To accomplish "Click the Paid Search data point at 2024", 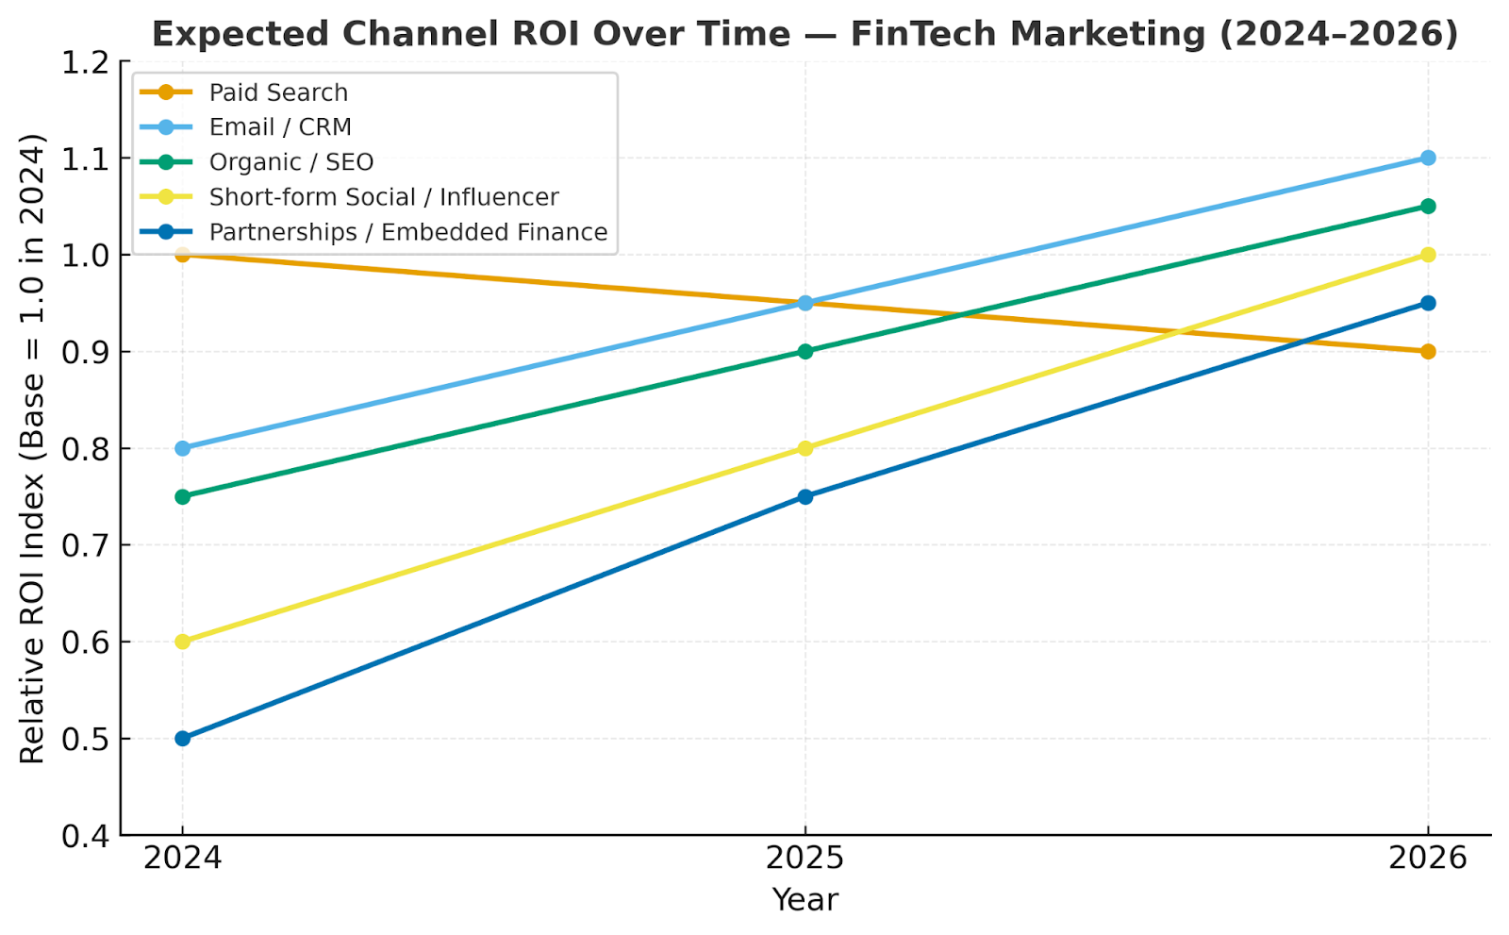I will (x=183, y=255).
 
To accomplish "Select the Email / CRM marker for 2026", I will (x=1428, y=158).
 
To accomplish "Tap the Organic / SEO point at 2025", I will (x=805, y=352).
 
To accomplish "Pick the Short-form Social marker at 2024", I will (x=183, y=642).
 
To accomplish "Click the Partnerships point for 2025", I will (x=805, y=497).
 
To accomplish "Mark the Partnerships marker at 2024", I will (x=183, y=739).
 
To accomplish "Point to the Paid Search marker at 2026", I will (x=1428, y=352).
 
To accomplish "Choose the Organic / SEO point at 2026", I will (x=1428, y=207).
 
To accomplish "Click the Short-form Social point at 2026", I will (x=1428, y=255).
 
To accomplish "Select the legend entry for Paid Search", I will (x=278, y=92).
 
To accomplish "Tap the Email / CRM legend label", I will (x=280, y=127).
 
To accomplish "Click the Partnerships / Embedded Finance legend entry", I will (x=408, y=232).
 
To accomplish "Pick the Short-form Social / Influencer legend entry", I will (x=384, y=197).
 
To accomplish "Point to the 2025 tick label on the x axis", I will (x=805, y=859).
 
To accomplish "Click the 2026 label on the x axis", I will (x=1428, y=859).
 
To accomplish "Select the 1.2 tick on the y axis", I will (x=84, y=62).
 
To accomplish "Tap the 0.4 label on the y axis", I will (x=84, y=836).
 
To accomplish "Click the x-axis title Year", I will (x=805, y=900).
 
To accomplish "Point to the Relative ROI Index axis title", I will (x=33, y=448).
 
